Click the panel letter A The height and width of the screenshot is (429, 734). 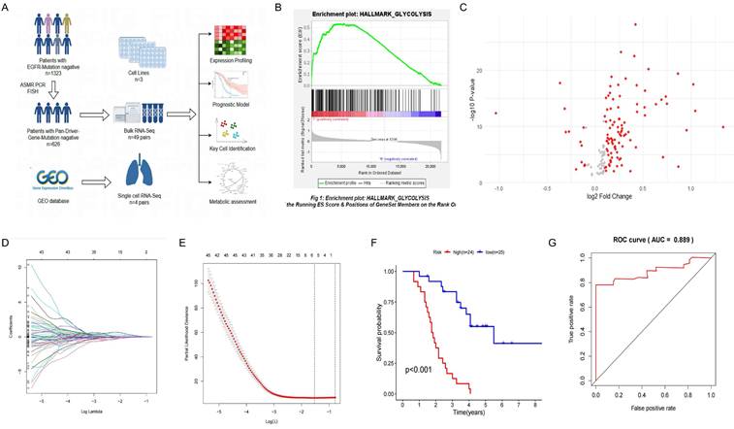7,8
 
